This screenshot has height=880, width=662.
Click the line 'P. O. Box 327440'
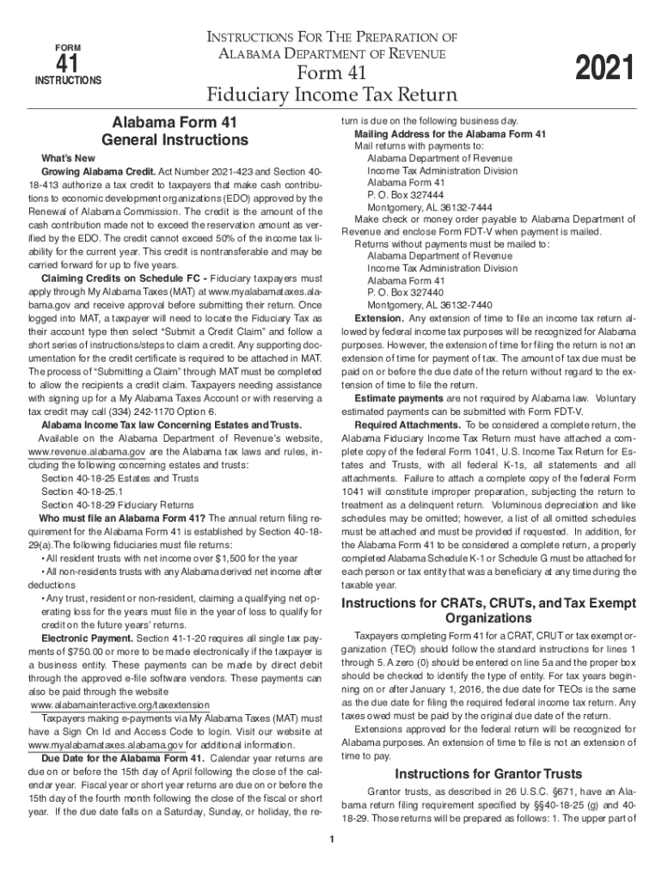tap(407, 292)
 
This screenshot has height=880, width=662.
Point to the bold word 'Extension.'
tap(378, 318)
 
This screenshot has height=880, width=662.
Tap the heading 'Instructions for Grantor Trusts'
tap(488, 773)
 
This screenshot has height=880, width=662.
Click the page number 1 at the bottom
tap(331, 839)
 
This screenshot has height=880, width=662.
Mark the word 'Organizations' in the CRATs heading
tap(488, 619)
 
